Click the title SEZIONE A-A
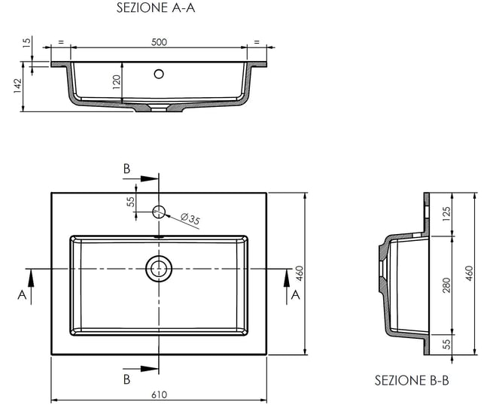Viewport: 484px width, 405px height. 157,9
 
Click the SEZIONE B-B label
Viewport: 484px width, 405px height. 412,381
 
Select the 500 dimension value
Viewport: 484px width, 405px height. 159,42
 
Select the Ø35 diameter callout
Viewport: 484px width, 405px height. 191,220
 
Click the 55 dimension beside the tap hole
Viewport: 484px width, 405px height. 130,202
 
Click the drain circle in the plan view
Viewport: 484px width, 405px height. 159,268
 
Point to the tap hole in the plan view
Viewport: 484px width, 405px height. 159,211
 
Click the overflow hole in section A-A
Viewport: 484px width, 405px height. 159,74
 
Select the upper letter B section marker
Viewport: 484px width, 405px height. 127,168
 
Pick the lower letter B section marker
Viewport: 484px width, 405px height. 127,379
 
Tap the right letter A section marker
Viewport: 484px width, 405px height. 296,294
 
